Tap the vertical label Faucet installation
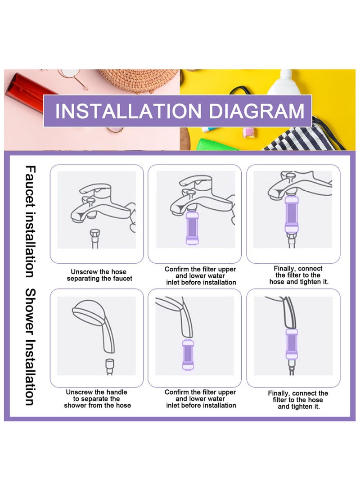pyautogui.click(x=30, y=221)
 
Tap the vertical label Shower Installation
pyautogui.click(x=30, y=347)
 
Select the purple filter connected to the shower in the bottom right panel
pyautogui.click(x=291, y=344)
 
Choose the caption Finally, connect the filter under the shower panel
pyautogui.click(x=298, y=400)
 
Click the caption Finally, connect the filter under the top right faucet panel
pyautogui.click(x=298, y=275)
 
